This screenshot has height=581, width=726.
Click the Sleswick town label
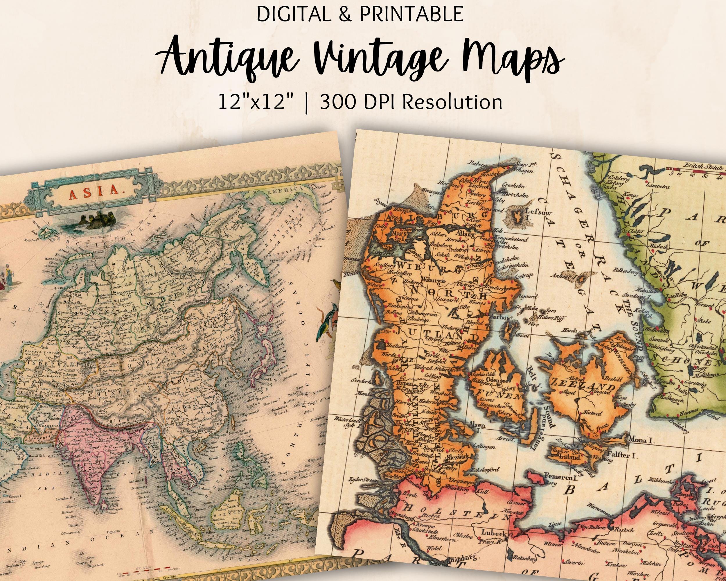tap(458, 458)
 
